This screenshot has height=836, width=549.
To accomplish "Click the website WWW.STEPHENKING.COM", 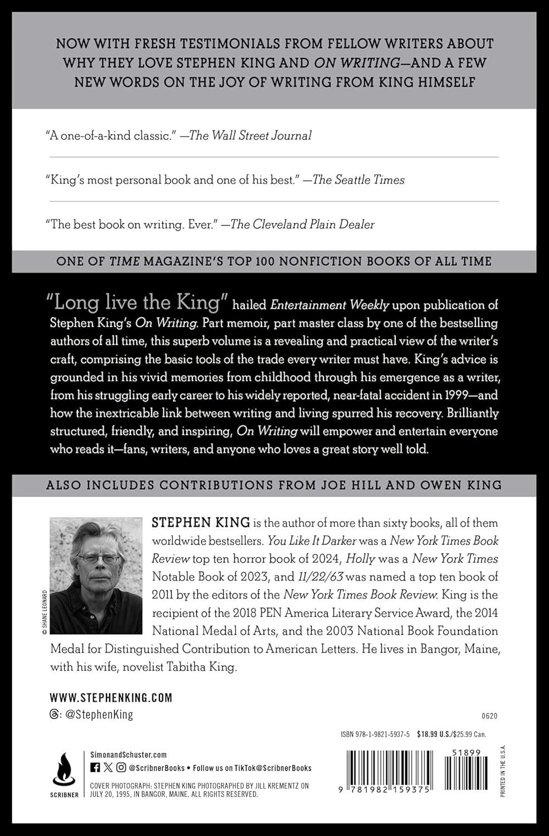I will tap(111, 697).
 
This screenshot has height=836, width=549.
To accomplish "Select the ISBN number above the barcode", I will tap(375, 735).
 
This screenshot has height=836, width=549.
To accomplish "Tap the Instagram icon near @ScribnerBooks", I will tap(122, 768).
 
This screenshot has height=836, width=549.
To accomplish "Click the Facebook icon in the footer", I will tap(95, 768).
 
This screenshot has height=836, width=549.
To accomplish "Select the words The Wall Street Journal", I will tap(250, 135).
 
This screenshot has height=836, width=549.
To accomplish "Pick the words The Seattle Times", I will tap(358, 180).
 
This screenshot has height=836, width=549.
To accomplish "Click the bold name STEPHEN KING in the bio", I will tap(200, 523).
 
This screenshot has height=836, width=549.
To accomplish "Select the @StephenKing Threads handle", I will tap(99, 715).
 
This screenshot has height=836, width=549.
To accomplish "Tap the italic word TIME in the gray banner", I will tap(124, 261).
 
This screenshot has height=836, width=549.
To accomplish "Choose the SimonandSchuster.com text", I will tap(128, 755).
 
